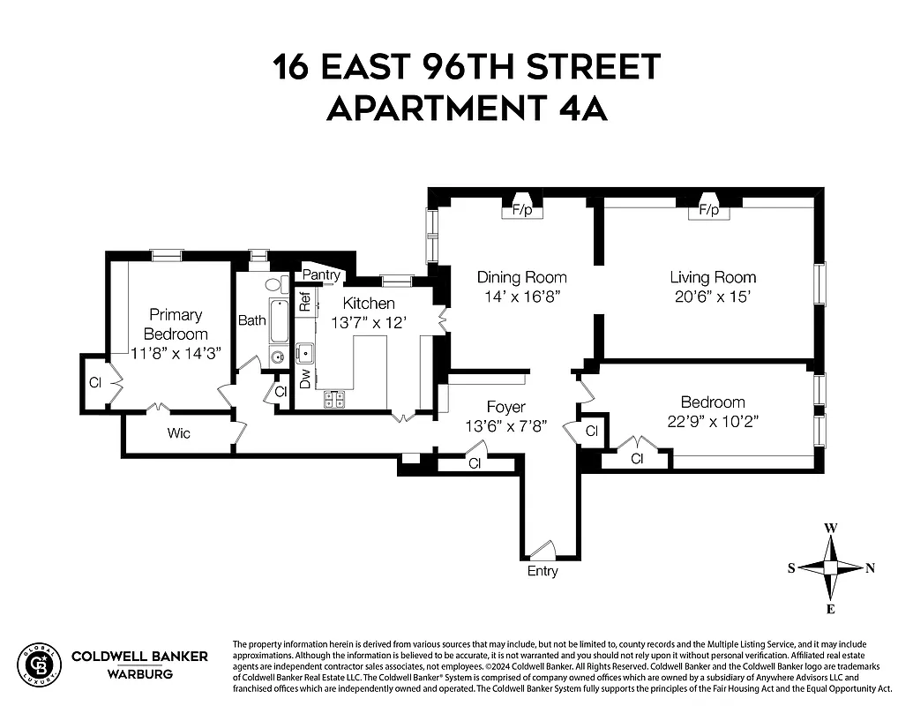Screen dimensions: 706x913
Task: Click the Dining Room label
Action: click(521, 276)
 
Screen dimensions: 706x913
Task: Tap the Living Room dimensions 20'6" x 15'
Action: click(712, 297)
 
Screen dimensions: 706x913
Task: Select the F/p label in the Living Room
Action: click(708, 211)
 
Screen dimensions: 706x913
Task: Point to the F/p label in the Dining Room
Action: click(522, 211)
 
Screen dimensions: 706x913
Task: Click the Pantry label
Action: click(321, 275)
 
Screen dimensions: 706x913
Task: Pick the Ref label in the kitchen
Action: click(305, 301)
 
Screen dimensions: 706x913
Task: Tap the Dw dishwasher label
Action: click(305, 379)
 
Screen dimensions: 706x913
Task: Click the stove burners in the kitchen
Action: click(334, 399)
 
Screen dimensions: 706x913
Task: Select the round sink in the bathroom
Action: click(277, 358)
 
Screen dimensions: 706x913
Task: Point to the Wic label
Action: click(179, 433)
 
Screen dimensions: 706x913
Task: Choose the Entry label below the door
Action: click(543, 571)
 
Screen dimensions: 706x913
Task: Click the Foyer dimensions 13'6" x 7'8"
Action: click(505, 425)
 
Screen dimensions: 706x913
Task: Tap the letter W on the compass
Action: click(830, 529)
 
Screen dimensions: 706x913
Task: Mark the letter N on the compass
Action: click(870, 568)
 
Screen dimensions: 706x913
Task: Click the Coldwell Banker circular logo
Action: click(39, 663)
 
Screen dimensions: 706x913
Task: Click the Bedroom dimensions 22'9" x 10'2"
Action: click(712, 421)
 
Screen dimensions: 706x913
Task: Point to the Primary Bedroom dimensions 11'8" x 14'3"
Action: click(175, 352)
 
